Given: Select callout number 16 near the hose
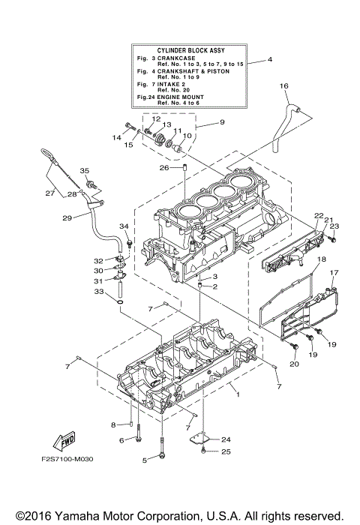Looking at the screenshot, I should click(x=283, y=86).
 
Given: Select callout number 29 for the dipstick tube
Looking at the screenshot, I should click(x=66, y=217).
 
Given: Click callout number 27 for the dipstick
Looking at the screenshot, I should click(x=49, y=193).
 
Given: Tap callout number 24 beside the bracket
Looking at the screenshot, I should click(x=226, y=439).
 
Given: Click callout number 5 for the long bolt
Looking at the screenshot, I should click(x=144, y=459).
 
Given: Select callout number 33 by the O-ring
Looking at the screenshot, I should click(x=99, y=292).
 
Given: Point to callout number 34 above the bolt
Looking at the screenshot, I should click(x=124, y=226).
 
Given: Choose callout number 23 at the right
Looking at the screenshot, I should click(x=334, y=226).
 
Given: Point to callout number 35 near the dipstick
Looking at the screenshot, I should click(x=84, y=170).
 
